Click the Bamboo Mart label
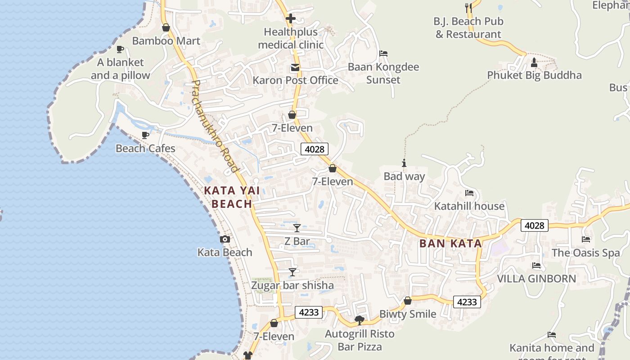pyautogui.click(x=166, y=41)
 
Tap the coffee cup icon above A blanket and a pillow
pyautogui.click(x=120, y=49)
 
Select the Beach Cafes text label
pyautogui.click(x=145, y=148)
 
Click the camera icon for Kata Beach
pyautogui.click(x=225, y=239)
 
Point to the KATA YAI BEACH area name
pyautogui.click(x=232, y=197)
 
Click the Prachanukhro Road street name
pyautogui.click(x=215, y=126)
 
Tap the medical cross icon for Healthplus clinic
pyautogui.click(x=291, y=19)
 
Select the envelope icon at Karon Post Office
pyautogui.click(x=295, y=67)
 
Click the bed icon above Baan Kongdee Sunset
pyautogui.click(x=383, y=54)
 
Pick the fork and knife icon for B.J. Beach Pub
pyautogui.click(x=468, y=8)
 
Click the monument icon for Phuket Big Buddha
pyautogui.click(x=534, y=62)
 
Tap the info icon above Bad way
pyautogui.click(x=404, y=163)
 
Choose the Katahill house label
pyautogui.click(x=469, y=206)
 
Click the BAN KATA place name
pyautogui.click(x=450, y=243)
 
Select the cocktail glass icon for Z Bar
pyautogui.click(x=297, y=228)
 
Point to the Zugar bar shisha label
pyautogui.click(x=292, y=285)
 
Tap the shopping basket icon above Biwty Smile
pyautogui.click(x=408, y=301)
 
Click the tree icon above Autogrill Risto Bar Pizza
pyautogui.click(x=360, y=320)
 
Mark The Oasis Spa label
pyautogui.click(x=586, y=253)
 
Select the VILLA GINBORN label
pyautogui.click(x=536, y=279)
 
